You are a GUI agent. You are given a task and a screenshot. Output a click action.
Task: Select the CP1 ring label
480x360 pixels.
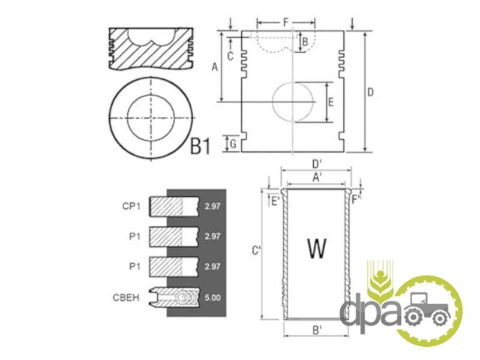click(131, 206)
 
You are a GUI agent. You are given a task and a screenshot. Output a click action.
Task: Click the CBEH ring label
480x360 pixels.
click(126, 297)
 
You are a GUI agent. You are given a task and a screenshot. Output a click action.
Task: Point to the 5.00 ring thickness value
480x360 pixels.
click(212, 298)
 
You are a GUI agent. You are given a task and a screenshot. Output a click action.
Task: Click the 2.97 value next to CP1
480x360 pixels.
click(212, 206)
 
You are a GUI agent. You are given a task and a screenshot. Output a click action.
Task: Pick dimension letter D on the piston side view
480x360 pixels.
click(370, 92)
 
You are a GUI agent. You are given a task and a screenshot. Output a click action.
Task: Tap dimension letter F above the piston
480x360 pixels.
click(286, 22)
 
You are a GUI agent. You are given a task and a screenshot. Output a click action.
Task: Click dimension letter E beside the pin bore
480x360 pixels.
click(331, 102)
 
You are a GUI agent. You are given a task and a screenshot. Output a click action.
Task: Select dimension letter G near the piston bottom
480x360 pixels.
click(233, 143)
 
